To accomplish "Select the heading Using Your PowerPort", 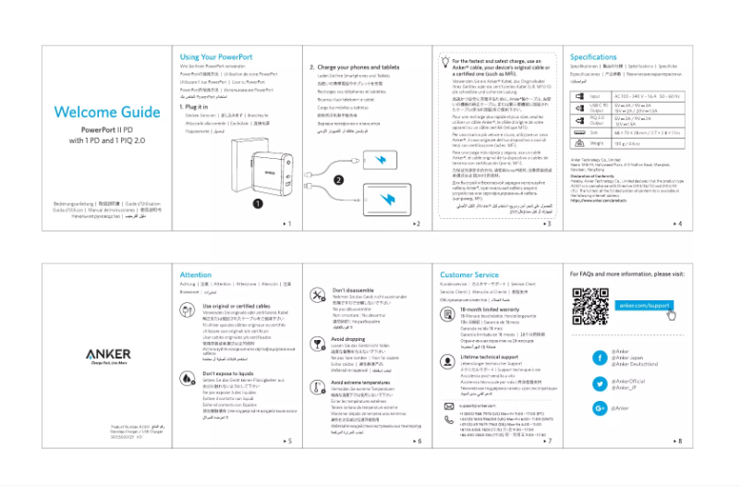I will (216, 57).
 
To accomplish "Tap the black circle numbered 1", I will (258, 202).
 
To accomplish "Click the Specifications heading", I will (593, 57).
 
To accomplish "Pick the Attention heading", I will (196, 275).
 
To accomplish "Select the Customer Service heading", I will (469, 275).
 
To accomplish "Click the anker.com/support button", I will (644, 306).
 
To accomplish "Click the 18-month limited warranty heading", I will (489, 310).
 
